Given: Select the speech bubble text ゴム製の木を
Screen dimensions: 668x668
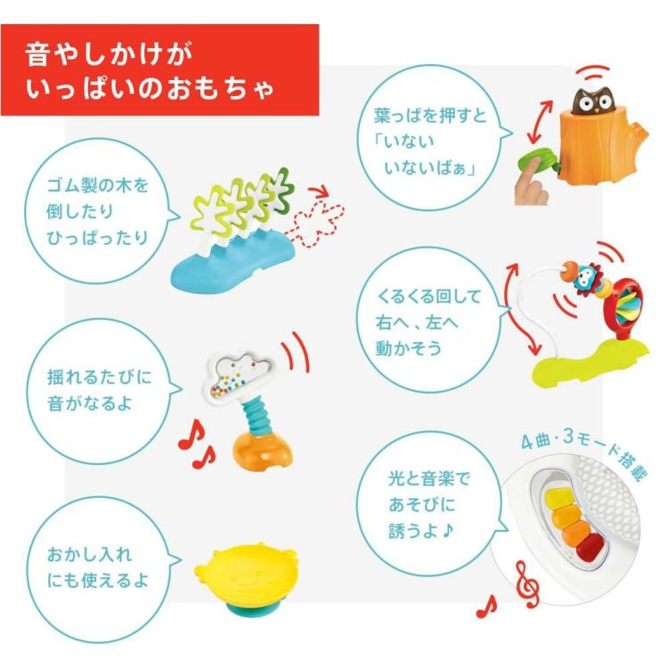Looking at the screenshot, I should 96,191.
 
